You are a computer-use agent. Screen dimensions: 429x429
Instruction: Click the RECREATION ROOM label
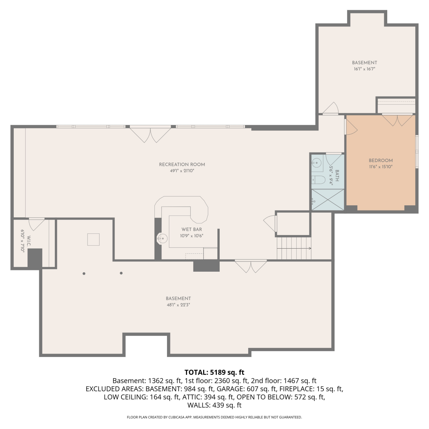click(182, 164)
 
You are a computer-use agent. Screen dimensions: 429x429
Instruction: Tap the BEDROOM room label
click(381, 160)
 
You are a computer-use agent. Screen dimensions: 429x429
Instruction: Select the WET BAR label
click(192, 229)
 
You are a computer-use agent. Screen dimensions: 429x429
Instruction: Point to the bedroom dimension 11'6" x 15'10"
click(381, 167)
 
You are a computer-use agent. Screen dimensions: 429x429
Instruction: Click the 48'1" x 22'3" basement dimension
click(178, 305)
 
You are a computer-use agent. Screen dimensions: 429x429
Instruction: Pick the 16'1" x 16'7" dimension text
click(364, 69)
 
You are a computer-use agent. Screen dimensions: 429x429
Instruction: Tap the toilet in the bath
click(318, 180)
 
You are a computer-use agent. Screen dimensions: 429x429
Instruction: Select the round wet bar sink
click(162, 238)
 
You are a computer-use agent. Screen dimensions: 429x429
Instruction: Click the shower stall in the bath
click(328, 200)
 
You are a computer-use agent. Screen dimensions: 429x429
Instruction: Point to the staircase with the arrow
click(294, 248)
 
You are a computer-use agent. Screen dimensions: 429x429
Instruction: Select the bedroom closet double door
click(398, 120)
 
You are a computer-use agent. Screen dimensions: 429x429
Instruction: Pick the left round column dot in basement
click(84, 274)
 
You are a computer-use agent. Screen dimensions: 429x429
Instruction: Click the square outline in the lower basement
click(93, 239)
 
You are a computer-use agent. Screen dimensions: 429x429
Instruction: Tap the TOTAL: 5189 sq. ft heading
click(214, 372)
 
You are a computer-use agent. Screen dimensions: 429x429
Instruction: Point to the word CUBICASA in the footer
click(176, 417)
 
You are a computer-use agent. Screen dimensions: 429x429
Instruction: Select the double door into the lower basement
click(251, 266)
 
